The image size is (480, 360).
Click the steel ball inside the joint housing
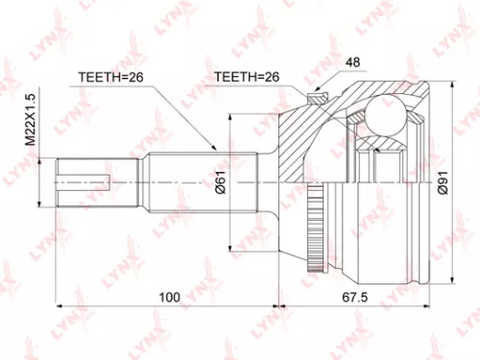386,117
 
